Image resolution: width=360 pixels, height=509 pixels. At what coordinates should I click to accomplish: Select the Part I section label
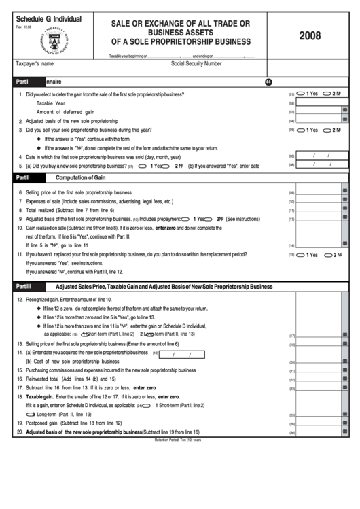pyautogui.click(x=22, y=80)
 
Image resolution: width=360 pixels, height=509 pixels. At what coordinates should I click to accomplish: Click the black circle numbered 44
pyautogui.click(x=268, y=82)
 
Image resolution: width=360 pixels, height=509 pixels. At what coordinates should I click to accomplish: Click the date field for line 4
pyautogui.click(x=319, y=156)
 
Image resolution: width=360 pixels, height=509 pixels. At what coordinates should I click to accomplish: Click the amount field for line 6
pyautogui.click(x=319, y=192)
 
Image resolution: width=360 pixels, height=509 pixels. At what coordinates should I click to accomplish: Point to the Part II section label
pyautogui.click(x=23, y=177)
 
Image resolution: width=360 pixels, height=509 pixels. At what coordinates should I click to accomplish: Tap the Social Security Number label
pyautogui.click(x=196, y=63)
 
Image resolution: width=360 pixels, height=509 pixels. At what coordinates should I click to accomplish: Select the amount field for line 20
pyautogui.click(x=319, y=432)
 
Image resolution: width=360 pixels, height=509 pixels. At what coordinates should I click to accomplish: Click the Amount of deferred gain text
pyautogui.click(x=65, y=111)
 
